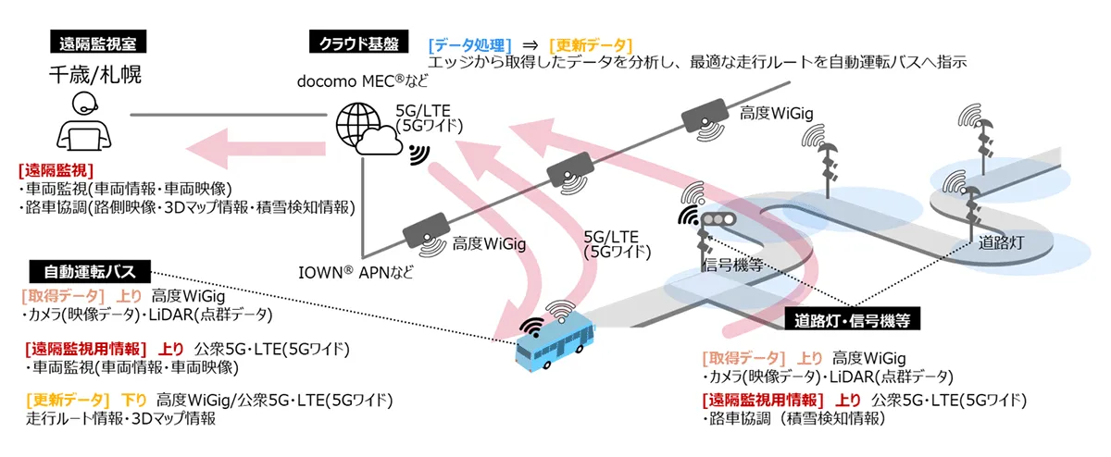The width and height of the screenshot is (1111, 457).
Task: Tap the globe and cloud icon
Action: (x=367, y=130)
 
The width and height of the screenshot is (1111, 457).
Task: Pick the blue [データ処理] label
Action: (x=469, y=44)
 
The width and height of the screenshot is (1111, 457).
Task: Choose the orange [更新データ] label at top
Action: (x=591, y=44)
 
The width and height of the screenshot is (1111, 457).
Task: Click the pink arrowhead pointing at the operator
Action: (x=208, y=145)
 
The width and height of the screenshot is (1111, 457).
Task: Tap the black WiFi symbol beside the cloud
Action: (x=418, y=153)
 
